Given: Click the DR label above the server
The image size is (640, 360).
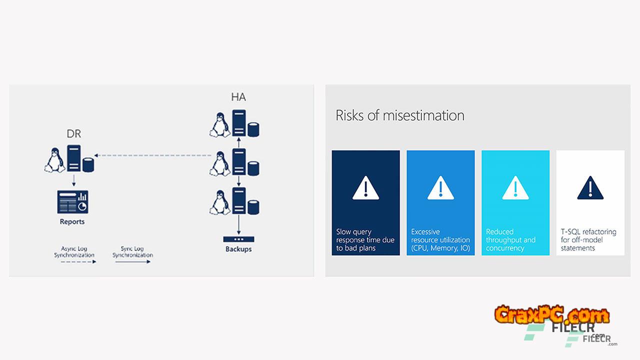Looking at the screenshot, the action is point(73,133).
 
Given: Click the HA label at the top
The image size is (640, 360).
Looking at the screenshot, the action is point(238,97).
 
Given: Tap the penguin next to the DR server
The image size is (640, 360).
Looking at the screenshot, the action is point(54,160).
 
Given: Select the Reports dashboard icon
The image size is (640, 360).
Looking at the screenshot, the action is point(72,202).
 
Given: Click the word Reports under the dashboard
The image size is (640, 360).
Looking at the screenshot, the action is point(72,221).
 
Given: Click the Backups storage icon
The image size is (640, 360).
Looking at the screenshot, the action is point(238,239).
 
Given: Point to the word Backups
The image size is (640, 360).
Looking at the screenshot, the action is point(238,249).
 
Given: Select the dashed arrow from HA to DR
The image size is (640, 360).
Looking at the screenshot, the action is point(153,155).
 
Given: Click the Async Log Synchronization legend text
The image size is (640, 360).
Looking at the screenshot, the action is point(74,251).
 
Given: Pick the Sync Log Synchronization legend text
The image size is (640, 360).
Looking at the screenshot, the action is point(132,251).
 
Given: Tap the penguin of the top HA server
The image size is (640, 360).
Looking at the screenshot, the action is point(219,125).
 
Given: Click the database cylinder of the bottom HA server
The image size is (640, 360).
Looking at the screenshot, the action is point(253,207).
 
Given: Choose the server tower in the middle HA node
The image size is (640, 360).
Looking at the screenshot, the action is point(239,161).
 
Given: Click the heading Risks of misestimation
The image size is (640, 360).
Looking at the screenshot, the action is point(399,115).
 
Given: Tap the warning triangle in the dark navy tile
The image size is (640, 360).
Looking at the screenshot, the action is point(365,188).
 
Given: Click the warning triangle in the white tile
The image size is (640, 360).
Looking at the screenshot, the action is point(590,188).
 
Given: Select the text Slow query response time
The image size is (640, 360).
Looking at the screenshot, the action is point(365,235).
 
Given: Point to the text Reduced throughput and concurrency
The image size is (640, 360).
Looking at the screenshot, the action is point(510,239).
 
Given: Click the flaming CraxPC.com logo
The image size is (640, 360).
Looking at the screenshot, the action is point(552,314).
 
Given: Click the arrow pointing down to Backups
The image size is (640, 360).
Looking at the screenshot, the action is point(239,224).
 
